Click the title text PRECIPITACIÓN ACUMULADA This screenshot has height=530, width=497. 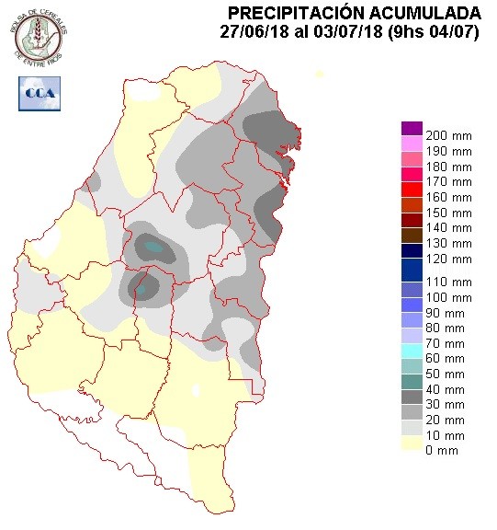click(x=354, y=12)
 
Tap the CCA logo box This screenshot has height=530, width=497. click(x=37, y=92)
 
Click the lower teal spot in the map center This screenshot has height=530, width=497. click(x=141, y=289)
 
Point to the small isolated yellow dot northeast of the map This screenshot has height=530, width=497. click(x=319, y=74)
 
